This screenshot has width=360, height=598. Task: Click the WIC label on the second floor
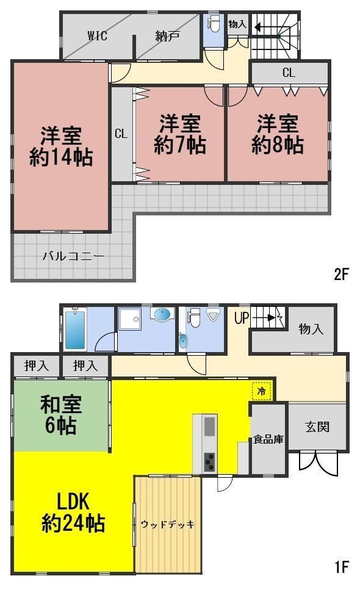[97, 35]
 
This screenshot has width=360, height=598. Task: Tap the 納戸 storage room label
[168, 36]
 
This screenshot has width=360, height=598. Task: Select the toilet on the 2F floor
[213, 24]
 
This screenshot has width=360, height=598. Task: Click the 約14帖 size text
[61, 157]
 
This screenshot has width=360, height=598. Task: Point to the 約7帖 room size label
[180, 145]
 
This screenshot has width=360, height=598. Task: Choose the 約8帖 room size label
[277, 145]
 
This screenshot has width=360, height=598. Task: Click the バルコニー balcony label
[73, 256]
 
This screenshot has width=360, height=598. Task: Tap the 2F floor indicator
[341, 274]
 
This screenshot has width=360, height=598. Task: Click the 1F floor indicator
[342, 567]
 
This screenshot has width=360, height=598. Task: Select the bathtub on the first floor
[75, 330]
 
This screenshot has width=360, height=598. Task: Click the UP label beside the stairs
[242, 318]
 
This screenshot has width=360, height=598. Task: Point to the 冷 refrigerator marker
[262, 391]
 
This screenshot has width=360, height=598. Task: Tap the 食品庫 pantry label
[268, 440]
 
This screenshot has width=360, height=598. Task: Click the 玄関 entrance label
[317, 427]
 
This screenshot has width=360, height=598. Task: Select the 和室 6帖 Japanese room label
[61, 415]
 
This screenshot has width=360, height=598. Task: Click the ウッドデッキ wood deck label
[167, 524]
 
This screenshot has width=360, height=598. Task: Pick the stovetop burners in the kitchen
[210, 463]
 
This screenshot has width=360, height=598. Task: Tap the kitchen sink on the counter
[210, 427]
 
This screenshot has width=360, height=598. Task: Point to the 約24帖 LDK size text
[73, 524]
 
